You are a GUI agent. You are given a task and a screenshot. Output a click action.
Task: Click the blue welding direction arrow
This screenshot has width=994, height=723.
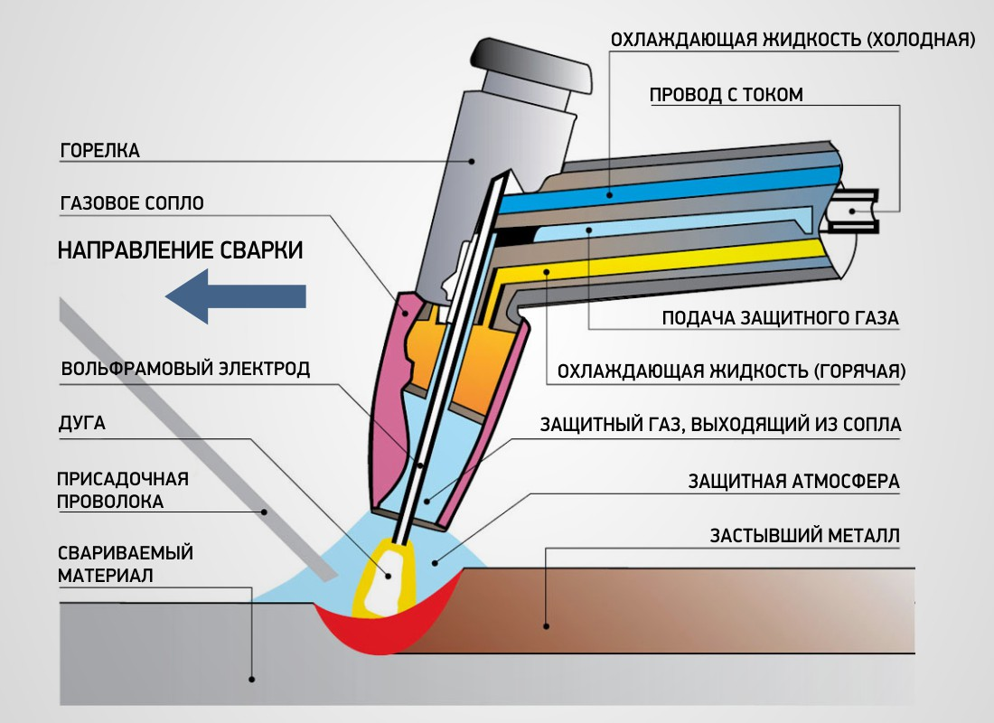[237, 296]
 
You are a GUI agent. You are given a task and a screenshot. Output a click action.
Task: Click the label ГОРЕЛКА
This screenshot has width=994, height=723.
[99, 151]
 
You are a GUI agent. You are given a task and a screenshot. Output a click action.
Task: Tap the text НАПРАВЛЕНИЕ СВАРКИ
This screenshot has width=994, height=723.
[181, 250]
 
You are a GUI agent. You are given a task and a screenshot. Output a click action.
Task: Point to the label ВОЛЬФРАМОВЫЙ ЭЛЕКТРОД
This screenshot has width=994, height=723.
[185, 369]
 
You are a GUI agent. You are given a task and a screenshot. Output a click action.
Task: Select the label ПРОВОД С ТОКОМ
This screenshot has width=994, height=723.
[726, 95]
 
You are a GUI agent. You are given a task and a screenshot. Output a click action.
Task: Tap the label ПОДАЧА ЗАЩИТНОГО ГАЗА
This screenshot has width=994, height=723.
[781, 318]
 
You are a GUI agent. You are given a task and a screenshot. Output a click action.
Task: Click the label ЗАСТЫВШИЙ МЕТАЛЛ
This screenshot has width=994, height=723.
[805, 536]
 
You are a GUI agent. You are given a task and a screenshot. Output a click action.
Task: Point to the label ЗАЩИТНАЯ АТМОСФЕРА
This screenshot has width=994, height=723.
[793, 482]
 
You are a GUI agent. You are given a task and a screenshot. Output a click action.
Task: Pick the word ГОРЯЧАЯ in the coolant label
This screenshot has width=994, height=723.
[858, 371]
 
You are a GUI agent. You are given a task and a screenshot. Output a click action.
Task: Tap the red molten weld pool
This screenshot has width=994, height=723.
[380, 636]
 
